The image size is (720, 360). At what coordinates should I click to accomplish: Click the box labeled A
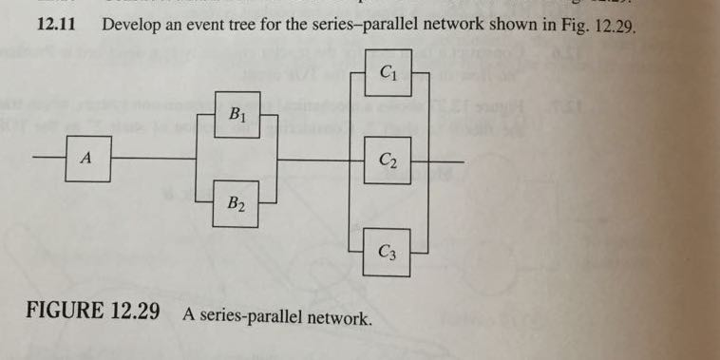[87, 160]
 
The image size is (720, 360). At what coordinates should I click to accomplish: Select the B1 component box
[236, 115]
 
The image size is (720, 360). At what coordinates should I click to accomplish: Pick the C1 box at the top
[388, 72]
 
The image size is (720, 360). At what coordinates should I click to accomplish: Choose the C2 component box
[388, 161]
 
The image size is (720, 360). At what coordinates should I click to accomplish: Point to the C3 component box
[387, 252]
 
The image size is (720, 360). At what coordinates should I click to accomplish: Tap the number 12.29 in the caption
[134, 313]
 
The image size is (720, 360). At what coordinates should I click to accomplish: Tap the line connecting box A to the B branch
[152, 158]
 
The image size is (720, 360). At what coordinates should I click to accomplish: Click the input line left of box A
[49, 158]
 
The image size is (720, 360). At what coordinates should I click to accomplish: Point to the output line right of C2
[448, 161]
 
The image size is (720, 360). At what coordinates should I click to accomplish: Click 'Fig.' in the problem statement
[566, 26]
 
